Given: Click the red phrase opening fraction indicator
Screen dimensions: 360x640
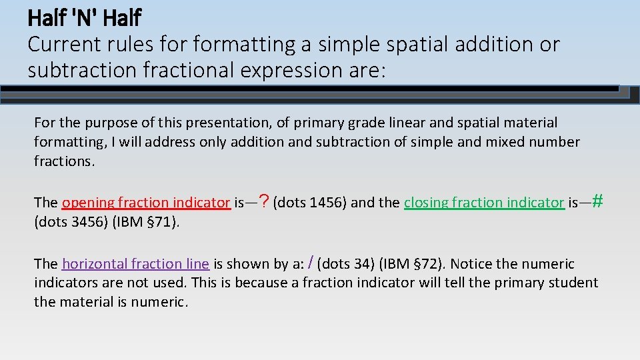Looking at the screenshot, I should [x=145, y=203].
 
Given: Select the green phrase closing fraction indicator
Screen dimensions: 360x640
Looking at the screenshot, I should [x=484, y=203].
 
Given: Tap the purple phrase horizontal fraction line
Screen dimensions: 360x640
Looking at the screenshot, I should [x=135, y=264].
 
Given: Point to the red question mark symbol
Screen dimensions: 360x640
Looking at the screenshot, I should [x=264, y=201].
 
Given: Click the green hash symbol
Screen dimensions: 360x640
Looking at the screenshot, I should [x=597, y=200].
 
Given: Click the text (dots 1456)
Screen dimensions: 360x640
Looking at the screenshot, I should [x=309, y=203].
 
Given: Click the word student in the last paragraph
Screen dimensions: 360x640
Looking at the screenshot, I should [x=574, y=283].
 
